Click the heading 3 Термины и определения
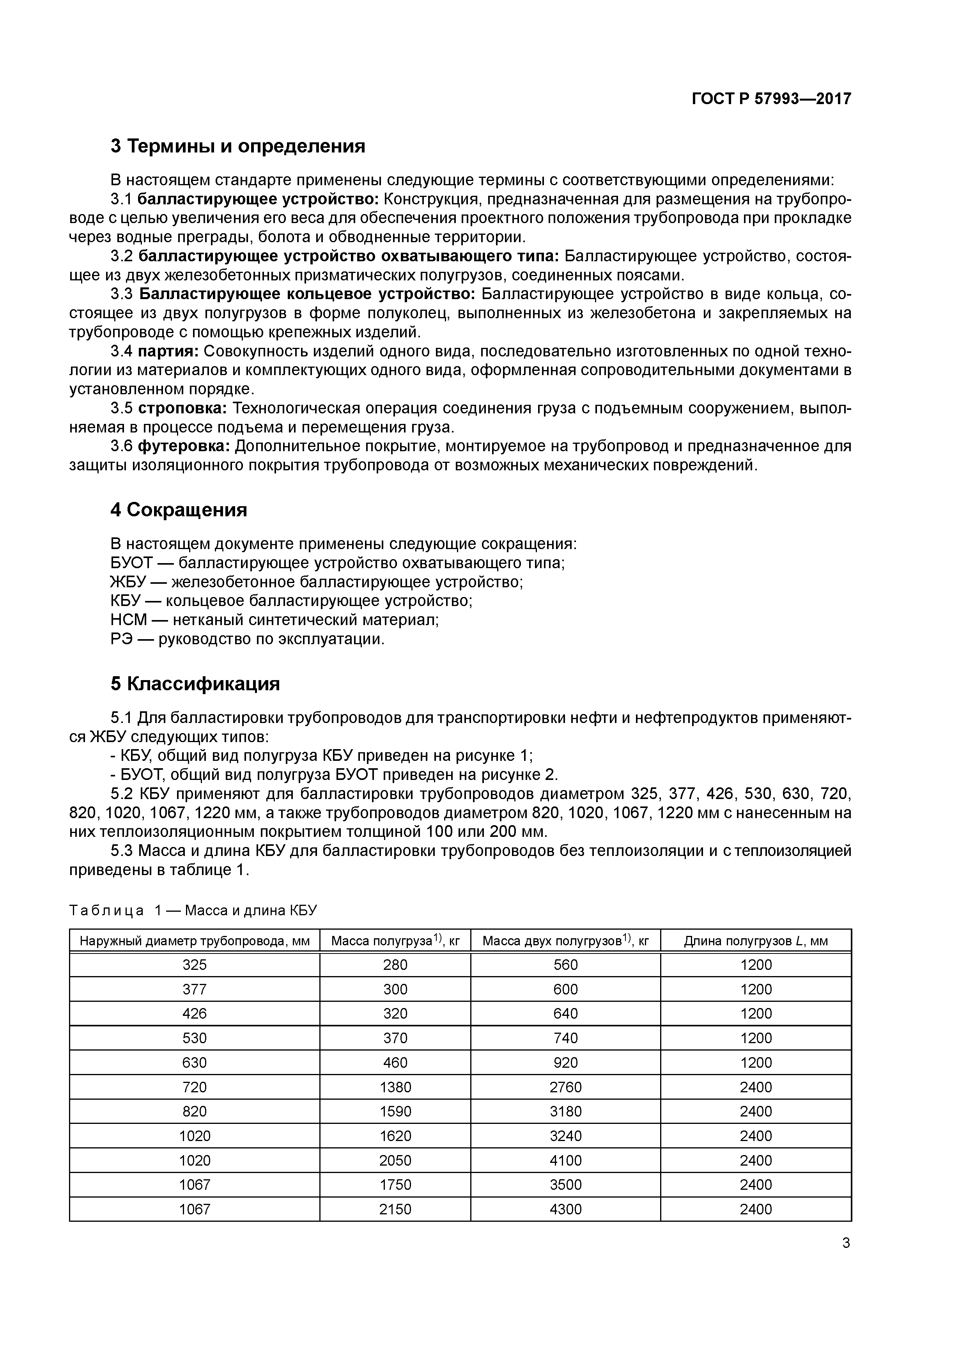pos(238,146)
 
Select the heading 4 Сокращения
pos(179,510)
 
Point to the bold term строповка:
pos(182,408)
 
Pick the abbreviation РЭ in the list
pos(121,639)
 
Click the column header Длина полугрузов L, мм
pos(756,941)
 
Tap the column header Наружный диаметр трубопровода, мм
pos(195,941)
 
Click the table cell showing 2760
pos(565,1087)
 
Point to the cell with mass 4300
pos(565,1209)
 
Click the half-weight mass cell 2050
pos(395,1160)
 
